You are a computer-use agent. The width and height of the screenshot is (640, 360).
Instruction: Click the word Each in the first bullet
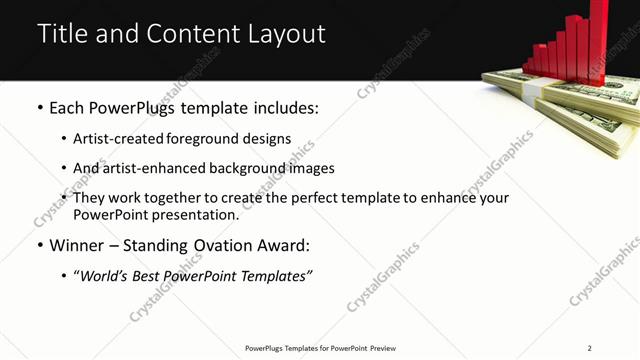point(65,105)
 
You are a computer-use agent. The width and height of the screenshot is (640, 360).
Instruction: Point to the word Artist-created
point(115,138)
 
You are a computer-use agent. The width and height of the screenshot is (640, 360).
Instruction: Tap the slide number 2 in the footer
point(590,348)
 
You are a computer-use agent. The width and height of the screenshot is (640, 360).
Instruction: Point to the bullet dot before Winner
point(40,245)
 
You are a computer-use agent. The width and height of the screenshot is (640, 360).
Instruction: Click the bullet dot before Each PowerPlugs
point(40,105)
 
